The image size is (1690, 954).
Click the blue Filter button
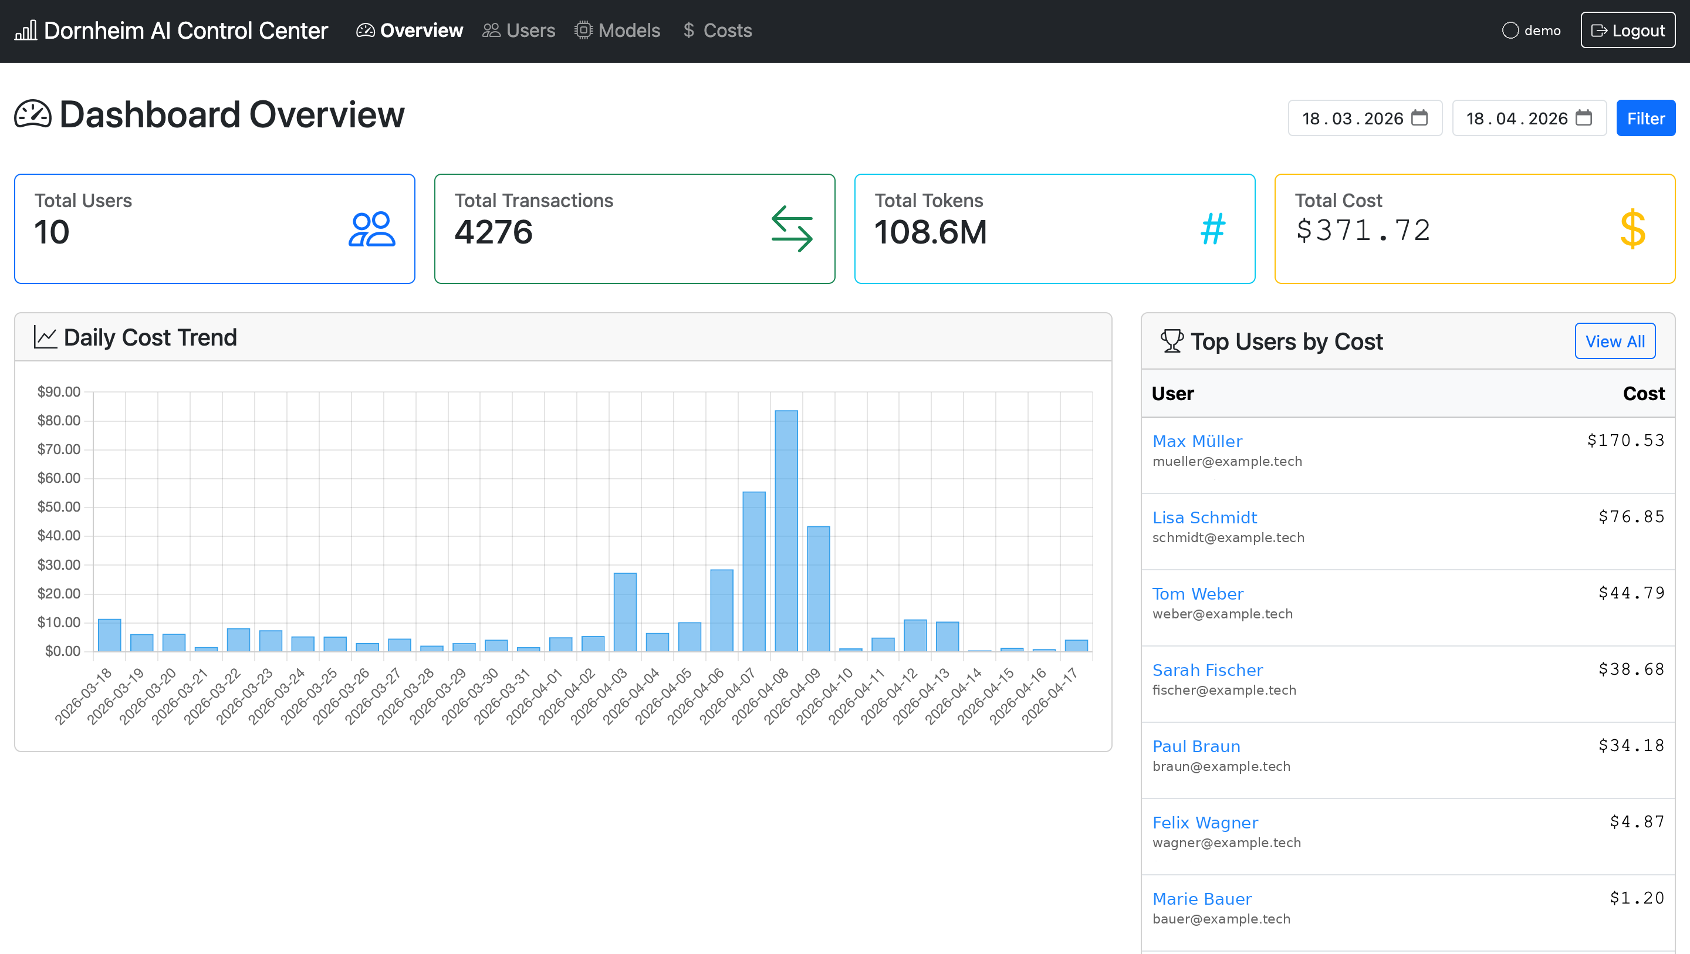(x=1645, y=119)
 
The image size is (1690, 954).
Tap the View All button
(x=1614, y=341)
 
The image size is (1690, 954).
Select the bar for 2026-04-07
(x=754, y=571)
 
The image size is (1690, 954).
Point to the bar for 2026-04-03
(x=624, y=611)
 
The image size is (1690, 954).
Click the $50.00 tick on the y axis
(x=59, y=506)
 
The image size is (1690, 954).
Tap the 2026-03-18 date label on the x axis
(x=83, y=696)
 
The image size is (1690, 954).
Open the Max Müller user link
(x=1197, y=441)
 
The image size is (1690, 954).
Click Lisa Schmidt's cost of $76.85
(x=1631, y=517)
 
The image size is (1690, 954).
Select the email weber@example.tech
(x=1222, y=614)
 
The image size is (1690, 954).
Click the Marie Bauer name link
(x=1202, y=899)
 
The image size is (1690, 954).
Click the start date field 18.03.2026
(x=1352, y=119)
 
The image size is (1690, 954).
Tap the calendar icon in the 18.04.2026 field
(x=1584, y=118)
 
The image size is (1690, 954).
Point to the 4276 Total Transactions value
(x=494, y=232)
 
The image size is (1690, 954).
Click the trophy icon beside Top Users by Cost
(x=1172, y=341)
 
